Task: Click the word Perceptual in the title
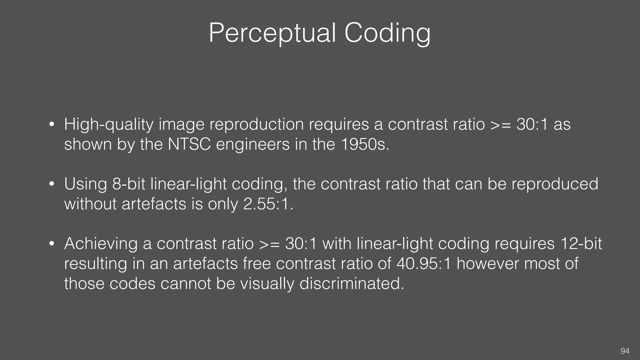[x=272, y=33]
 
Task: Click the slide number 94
[x=625, y=351]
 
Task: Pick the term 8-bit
[x=129, y=184]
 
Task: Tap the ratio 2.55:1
[x=268, y=204]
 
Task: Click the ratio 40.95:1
[x=424, y=263]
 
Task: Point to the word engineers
[x=253, y=144]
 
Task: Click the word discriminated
[x=352, y=283]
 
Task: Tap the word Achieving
[x=101, y=243]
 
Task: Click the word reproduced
[x=555, y=184]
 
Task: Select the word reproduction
[x=256, y=124]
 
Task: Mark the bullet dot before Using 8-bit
[x=52, y=184]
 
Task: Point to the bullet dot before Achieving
[x=52, y=244]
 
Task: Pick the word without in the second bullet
[x=90, y=204]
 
